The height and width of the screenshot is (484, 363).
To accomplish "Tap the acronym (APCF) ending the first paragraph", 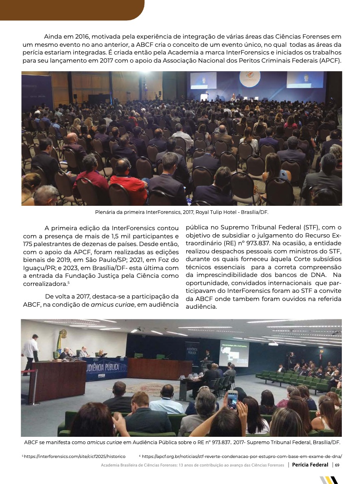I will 329,61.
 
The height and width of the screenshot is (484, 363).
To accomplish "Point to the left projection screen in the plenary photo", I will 203,80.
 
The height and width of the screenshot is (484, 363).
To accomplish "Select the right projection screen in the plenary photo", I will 305,80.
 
